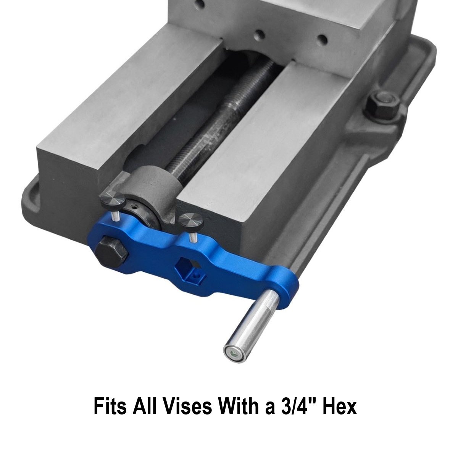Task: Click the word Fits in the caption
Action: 110,406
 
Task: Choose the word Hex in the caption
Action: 340,406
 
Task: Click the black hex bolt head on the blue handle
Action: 112,252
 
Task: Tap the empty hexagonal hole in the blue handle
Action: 187,264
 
